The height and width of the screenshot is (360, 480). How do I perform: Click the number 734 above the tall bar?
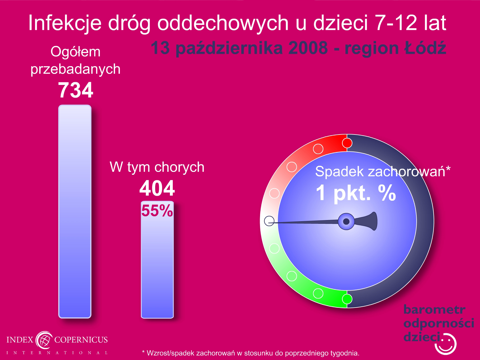click(76, 90)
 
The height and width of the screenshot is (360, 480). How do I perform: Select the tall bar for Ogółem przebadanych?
click(75, 211)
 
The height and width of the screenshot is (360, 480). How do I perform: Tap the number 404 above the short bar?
click(157, 188)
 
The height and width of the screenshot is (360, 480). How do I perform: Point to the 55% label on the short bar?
click(157, 211)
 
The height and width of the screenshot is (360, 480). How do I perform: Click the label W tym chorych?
click(157, 167)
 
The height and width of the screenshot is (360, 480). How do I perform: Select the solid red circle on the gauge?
click(347, 143)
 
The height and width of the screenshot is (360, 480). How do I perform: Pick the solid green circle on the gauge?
click(347, 299)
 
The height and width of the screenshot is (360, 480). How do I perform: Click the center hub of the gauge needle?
click(346, 221)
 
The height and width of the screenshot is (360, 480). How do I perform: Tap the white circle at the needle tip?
click(269, 221)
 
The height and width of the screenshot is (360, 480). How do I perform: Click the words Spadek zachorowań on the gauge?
click(380, 171)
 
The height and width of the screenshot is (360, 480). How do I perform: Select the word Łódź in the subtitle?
click(425, 48)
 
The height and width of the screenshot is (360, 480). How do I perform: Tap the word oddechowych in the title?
click(223, 23)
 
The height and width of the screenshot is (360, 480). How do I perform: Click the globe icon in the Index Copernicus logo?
click(44, 340)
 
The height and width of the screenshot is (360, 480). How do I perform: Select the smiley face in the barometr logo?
click(445, 344)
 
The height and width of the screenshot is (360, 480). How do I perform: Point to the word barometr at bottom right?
click(434, 310)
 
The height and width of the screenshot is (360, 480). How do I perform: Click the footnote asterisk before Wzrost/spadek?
click(143, 352)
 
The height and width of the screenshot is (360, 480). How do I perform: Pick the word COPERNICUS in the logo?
click(81, 340)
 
